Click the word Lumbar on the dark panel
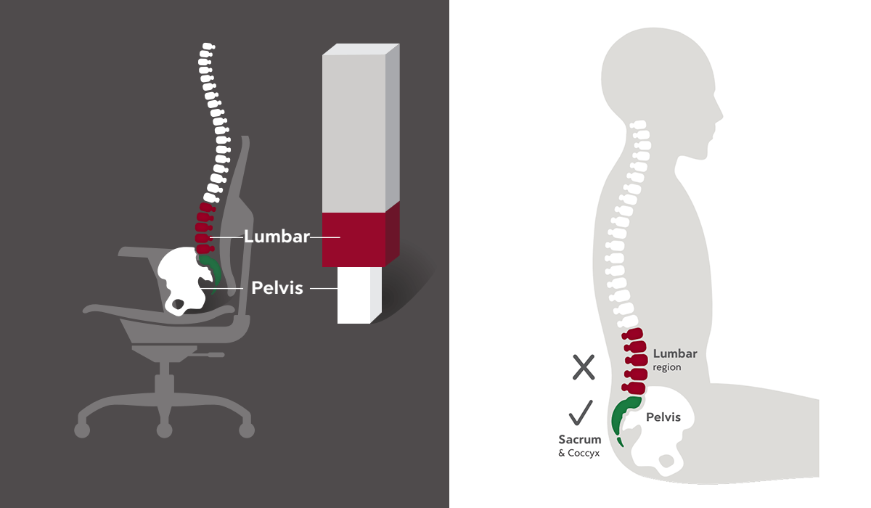(277, 237)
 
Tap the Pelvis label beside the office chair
(277, 287)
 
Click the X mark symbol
(584, 367)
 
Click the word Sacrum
(579, 440)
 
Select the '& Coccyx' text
(579, 454)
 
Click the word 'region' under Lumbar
(667, 367)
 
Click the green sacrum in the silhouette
(622, 417)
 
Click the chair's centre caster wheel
(165, 431)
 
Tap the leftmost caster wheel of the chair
(82, 430)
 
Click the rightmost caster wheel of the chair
(247, 430)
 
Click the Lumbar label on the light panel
(675, 354)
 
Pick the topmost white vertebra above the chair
(207, 49)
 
